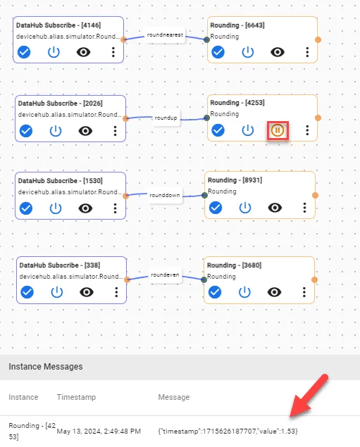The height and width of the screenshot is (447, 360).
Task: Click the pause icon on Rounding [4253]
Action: point(278,130)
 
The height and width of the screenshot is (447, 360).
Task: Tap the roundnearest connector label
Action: point(165,34)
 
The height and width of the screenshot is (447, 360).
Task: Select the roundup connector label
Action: point(166,118)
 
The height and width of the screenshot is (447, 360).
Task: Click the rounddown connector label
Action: point(165,195)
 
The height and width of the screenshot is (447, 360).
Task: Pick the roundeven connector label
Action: point(165,275)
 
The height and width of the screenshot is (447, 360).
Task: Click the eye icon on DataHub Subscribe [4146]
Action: point(83,52)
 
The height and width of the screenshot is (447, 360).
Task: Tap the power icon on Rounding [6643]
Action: point(247,52)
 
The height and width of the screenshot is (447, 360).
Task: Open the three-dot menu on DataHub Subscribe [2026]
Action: point(115,131)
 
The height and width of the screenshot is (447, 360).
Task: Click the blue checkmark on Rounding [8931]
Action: point(216,208)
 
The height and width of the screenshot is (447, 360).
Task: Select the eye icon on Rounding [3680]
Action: point(275,292)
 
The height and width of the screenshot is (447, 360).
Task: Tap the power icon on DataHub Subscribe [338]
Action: point(56,292)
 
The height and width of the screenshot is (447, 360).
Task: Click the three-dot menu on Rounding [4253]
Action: point(307,130)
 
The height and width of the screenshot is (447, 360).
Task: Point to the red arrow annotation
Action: point(309,396)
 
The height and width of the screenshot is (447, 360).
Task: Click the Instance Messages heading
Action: point(46,367)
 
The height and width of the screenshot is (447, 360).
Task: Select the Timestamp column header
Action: point(76,397)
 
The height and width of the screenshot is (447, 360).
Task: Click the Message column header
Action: point(174,397)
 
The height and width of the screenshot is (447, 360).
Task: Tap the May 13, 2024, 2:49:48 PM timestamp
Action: point(99,432)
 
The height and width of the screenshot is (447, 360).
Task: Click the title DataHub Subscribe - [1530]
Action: point(60,181)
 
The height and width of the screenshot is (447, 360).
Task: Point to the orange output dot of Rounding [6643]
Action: point(318,39)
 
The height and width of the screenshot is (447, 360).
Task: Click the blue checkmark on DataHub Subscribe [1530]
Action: point(26,208)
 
